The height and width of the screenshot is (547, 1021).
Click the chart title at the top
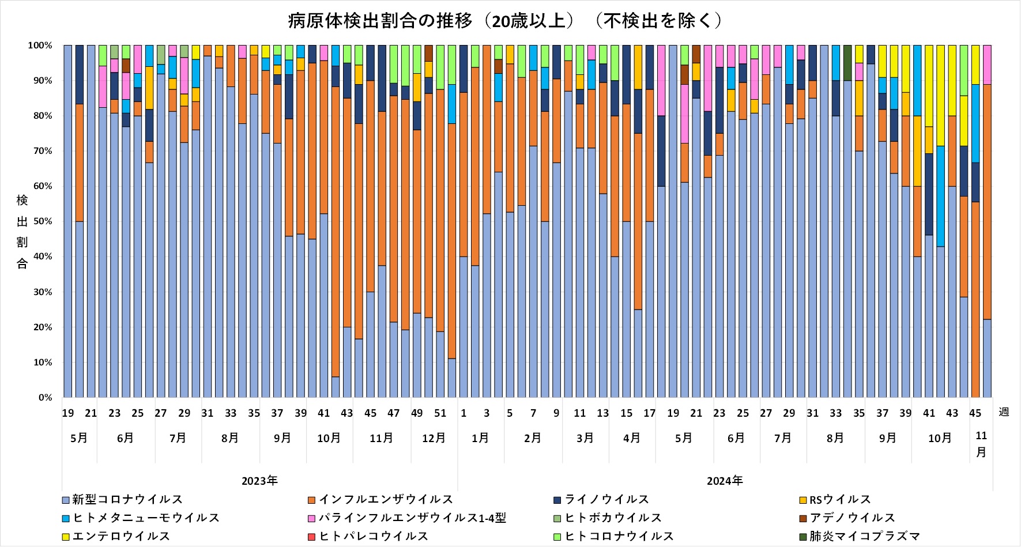coord(505,21)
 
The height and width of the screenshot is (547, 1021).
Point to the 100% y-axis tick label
coord(40,46)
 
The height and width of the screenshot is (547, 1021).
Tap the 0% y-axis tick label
coord(45,398)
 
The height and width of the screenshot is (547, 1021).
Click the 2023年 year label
coord(259,481)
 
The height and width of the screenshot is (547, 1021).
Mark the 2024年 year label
coord(725,481)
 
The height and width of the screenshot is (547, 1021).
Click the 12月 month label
coord(434,438)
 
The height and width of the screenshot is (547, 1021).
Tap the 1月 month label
coord(480,438)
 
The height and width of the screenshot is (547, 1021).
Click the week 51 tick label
coord(440,413)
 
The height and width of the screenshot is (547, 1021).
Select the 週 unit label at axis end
coord(1004,412)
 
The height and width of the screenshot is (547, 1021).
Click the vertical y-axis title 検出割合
coord(22,232)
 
